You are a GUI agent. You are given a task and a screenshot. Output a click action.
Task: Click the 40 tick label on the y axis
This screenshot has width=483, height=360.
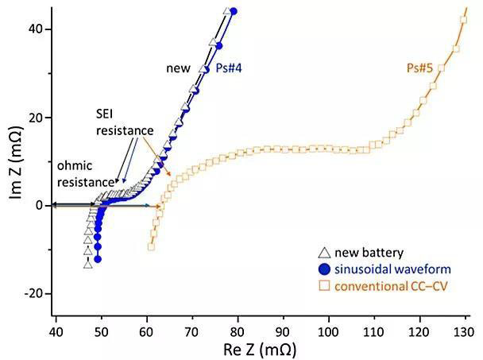pyautogui.click(x=37, y=29)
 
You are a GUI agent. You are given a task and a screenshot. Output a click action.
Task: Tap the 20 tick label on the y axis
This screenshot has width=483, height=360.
pyautogui.click(x=37, y=118)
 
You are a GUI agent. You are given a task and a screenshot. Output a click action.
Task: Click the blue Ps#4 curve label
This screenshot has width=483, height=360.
pyautogui.click(x=229, y=69)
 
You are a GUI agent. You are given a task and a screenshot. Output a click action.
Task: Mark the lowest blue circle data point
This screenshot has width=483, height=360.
pyautogui.click(x=98, y=259)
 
